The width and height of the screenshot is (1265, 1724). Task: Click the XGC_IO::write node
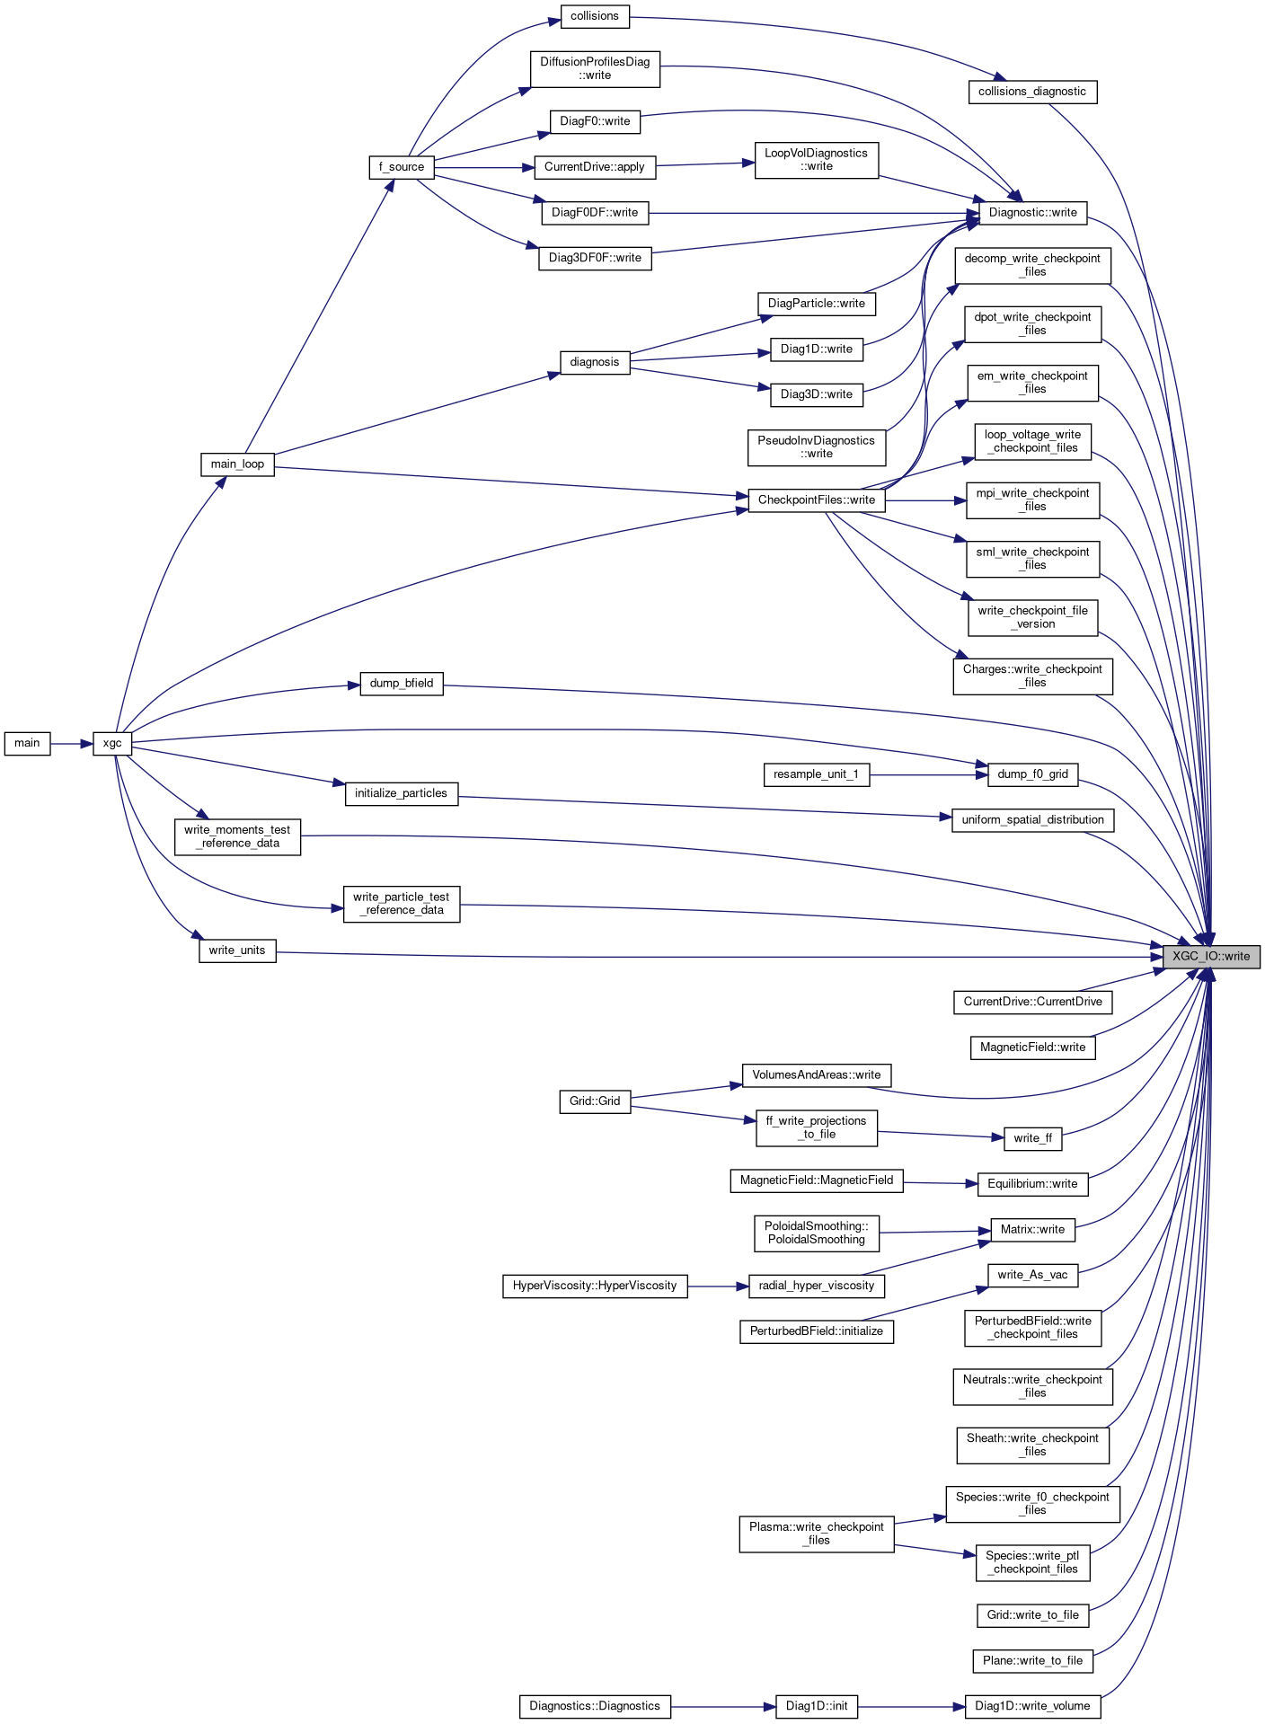[1210, 956]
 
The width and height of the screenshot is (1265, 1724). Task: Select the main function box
[27, 743]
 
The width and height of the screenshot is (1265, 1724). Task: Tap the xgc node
[112, 743]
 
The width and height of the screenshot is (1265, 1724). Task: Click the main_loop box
[237, 464]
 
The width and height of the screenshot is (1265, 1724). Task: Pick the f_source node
[401, 167]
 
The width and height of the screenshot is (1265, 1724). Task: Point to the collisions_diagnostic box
[1031, 92]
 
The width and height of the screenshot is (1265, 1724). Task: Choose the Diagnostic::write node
[1032, 213]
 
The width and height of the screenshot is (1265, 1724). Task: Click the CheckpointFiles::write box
[816, 500]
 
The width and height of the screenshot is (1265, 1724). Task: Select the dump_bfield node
[401, 684]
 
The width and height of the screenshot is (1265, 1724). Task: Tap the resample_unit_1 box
[816, 774]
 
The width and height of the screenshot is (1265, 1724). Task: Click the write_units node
[237, 950]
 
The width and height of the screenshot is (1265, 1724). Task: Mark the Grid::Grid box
[594, 1101]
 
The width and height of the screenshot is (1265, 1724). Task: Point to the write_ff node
[1032, 1138]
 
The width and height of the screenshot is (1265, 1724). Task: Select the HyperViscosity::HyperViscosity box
[594, 1286]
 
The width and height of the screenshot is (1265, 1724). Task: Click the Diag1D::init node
[816, 1706]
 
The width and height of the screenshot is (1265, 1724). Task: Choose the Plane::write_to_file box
[1032, 1660]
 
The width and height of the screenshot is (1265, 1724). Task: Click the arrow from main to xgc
[72, 743]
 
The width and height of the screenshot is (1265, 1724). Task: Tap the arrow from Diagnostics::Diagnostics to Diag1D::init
[722, 1706]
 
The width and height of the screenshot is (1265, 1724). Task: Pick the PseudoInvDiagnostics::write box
[816, 447]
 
